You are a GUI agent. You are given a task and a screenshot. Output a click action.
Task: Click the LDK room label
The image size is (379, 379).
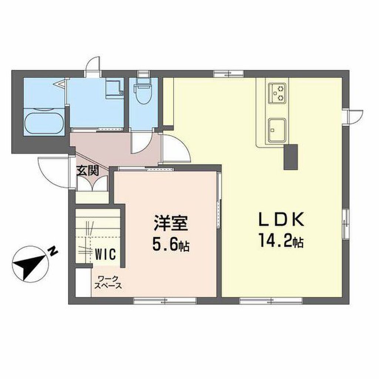[x=281, y=219]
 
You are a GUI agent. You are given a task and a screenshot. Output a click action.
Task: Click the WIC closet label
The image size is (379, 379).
[x=105, y=254]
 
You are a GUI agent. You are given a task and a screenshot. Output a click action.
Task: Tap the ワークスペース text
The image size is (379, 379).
[x=108, y=282]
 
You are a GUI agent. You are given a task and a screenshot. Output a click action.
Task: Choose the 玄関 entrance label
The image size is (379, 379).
[x=88, y=171]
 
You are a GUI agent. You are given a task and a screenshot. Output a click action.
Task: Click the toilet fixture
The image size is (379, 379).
[x=144, y=91]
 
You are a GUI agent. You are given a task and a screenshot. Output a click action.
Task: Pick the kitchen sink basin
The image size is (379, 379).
[x=277, y=130]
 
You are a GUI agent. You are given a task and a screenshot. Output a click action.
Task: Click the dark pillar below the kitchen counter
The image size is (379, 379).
[x=291, y=157]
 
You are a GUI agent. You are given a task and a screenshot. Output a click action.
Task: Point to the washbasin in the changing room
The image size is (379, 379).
[x=115, y=88]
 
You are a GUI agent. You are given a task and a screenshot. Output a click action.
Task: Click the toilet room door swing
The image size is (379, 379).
[x=141, y=142]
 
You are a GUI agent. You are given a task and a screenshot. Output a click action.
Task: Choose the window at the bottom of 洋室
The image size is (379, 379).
[x=165, y=301]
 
